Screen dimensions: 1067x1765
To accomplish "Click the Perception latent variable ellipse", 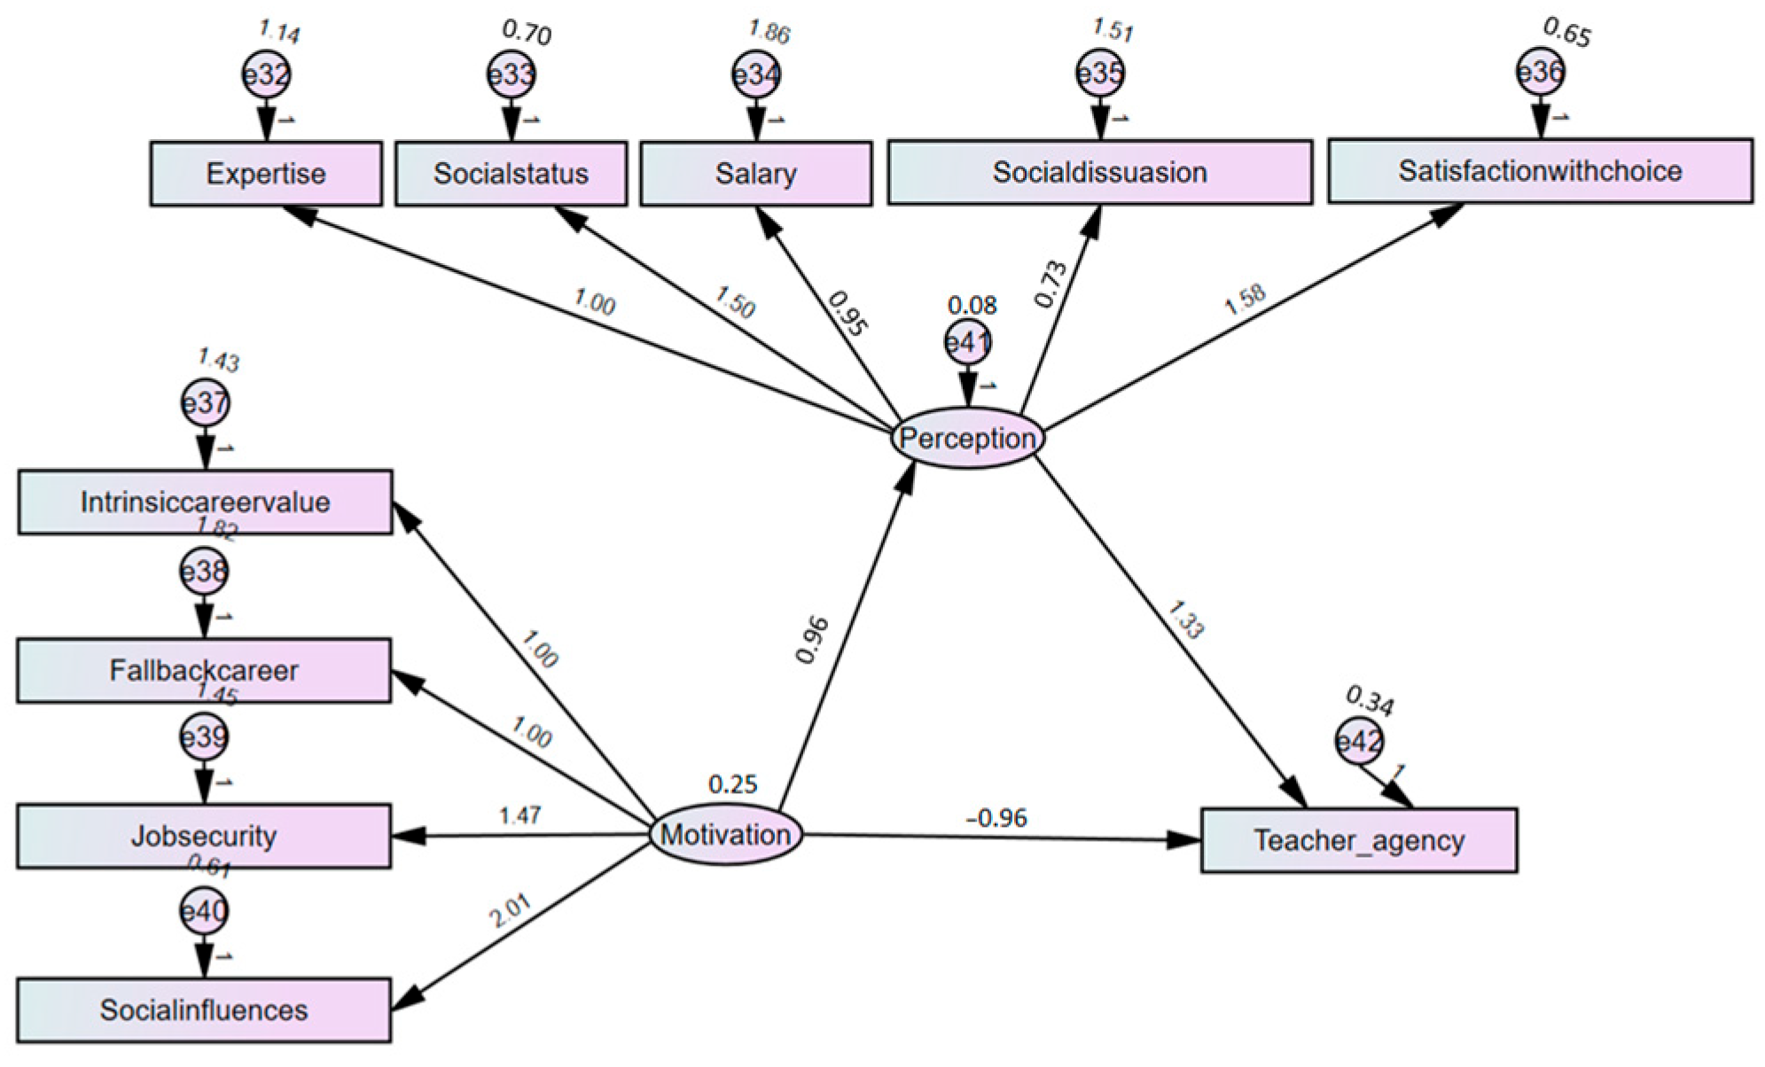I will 967,438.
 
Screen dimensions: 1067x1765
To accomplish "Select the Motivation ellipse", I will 725,834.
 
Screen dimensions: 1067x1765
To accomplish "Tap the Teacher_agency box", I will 1358,840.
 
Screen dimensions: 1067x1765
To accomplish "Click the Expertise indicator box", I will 265,174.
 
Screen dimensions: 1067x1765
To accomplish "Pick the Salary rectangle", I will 755,174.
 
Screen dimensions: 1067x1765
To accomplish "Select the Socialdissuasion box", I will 1099,172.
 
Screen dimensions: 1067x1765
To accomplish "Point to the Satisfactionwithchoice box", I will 1540,170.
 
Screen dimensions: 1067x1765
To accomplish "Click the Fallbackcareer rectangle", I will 204,671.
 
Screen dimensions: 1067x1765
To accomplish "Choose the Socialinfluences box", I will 204,1009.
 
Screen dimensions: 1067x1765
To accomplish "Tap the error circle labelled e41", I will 967,343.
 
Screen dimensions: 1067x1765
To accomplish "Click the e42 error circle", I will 1359,741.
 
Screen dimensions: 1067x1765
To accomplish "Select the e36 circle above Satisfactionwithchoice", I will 1540,72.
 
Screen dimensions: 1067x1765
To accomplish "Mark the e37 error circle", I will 205,404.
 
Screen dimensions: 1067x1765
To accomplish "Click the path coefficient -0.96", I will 996,817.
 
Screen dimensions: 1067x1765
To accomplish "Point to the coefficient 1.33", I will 1184,619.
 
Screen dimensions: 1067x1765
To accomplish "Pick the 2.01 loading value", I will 511,911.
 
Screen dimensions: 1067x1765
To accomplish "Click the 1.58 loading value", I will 1245,300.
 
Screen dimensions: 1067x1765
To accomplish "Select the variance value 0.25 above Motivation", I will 732,784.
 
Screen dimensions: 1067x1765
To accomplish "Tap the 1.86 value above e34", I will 768,32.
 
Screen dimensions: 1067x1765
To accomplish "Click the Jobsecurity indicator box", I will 204,836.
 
